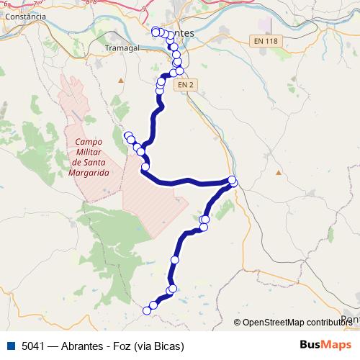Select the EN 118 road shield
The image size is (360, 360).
[266, 41]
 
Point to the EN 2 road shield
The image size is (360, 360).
[186, 84]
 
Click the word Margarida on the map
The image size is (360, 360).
[89, 174]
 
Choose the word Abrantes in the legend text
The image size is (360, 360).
[81, 346]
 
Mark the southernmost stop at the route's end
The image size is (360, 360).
[147, 310]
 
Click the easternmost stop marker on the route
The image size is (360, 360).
[232, 180]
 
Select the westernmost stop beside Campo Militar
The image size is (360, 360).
[128, 135]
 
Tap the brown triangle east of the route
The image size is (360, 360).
[278, 172]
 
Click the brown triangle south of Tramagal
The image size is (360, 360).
[121, 78]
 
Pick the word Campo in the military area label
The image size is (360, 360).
[89, 143]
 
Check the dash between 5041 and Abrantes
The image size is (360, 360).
[54, 346]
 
